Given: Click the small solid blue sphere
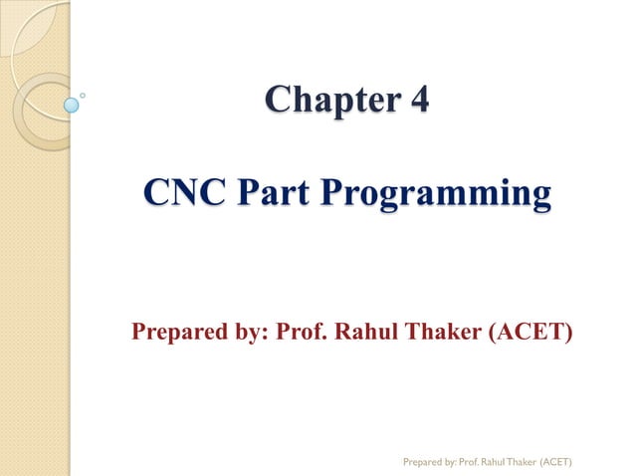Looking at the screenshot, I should coord(72,103).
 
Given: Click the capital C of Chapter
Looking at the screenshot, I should coord(278,102).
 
